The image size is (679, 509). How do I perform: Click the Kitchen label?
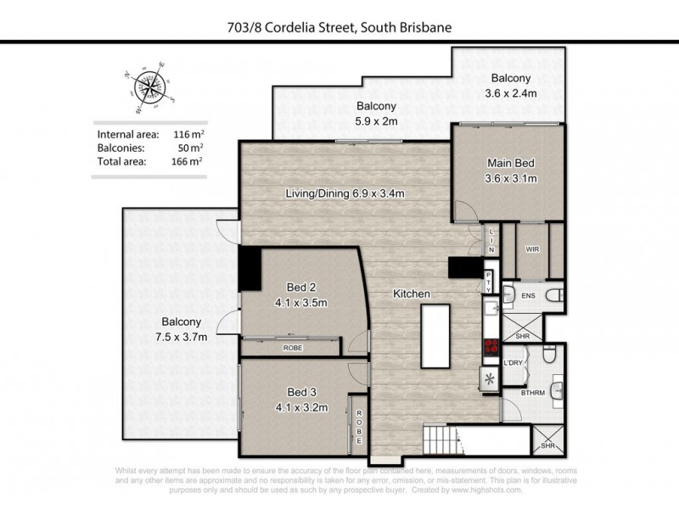412,294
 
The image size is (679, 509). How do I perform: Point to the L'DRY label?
513,363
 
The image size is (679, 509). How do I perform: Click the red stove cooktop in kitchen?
491,345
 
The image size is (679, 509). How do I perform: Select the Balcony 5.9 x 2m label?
375,114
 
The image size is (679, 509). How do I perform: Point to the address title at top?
339,27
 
